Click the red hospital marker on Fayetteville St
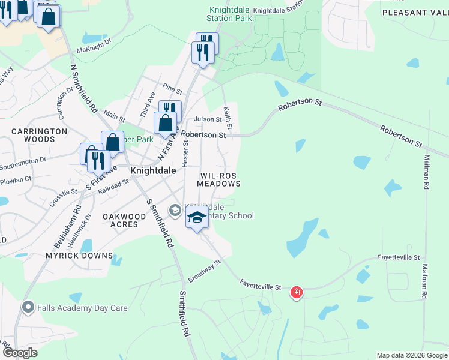click(x=296, y=293)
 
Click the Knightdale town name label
click(x=153, y=170)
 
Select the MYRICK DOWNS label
click(x=80, y=256)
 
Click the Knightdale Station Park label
click(x=229, y=14)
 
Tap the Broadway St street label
click(x=205, y=271)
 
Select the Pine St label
click(x=172, y=89)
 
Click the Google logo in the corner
click(x=20, y=353)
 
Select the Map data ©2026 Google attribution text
click(x=412, y=355)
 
